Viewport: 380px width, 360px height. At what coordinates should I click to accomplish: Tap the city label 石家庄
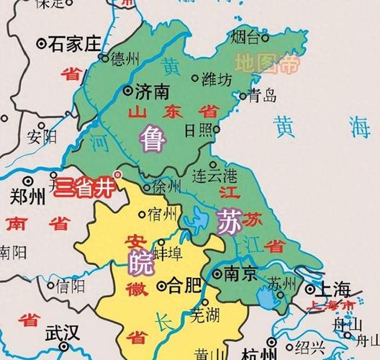pyautogui.click(x=76, y=45)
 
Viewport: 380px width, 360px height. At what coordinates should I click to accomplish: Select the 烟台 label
pyautogui.click(x=246, y=36)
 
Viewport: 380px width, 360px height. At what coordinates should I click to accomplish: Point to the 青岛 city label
pyautogui.click(x=262, y=95)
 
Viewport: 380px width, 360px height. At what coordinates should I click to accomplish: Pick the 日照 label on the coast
pyautogui.click(x=199, y=130)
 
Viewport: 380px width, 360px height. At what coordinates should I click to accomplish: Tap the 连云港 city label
pyautogui.click(x=215, y=176)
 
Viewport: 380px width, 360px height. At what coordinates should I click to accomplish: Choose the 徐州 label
pyautogui.click(x=169, y=186)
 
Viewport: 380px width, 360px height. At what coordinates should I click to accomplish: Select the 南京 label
pyautogui.click(x=240, y=274)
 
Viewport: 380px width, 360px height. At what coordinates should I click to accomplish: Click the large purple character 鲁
pyautogui.click(x=153, y=137)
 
